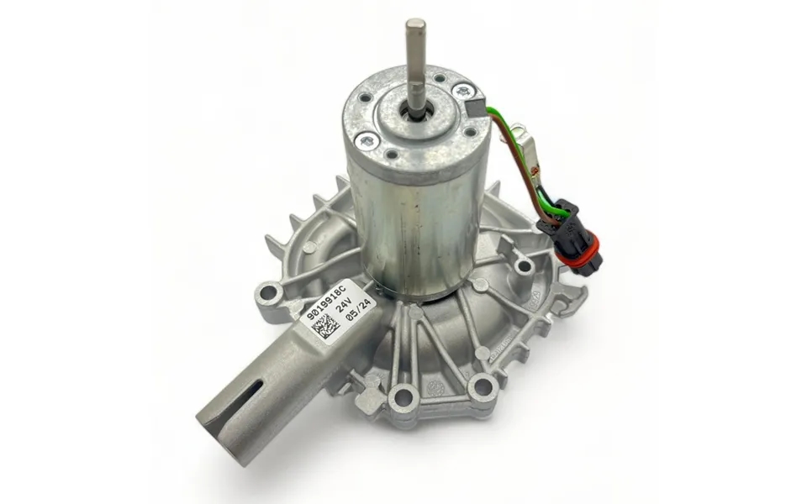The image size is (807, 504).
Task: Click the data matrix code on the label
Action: pos(323,327)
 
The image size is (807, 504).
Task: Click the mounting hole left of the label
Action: pos(271,292)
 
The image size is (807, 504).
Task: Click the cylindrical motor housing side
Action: pos(412,227)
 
